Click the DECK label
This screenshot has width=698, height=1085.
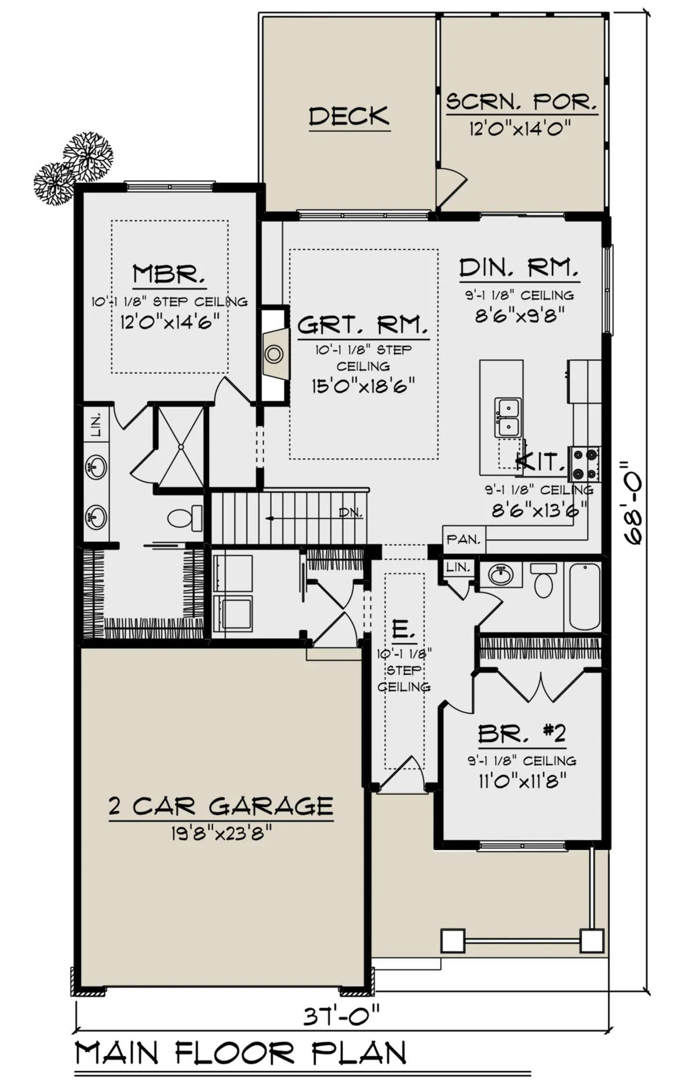coord(349,116)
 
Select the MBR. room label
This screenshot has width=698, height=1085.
coord(169,274)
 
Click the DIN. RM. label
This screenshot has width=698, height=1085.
coord(519,267)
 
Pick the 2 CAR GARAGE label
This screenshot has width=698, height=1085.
coord(221,806)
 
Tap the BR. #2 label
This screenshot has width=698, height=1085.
coord(522,734)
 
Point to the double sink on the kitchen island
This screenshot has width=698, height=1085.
coord(508,417)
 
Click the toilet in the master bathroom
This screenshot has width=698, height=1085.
coord(185,517)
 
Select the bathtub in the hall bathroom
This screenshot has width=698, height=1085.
coord(585,596)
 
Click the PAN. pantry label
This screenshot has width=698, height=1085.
coord(464,539)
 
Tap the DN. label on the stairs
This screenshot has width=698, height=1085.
coord(351,513)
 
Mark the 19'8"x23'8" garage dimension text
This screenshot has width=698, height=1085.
coord(222,834)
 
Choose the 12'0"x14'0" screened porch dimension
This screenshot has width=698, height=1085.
coord(520,127)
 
